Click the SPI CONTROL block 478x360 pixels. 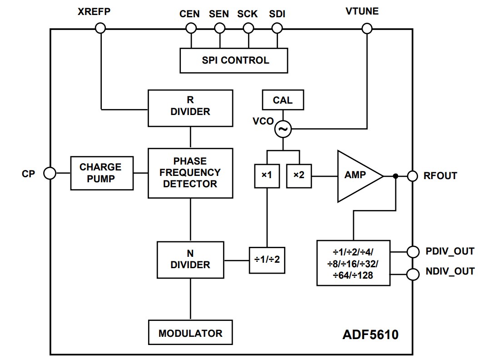[234, 60]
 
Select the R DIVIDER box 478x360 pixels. [190, 108]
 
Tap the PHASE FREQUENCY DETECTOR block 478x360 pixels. [190, 173]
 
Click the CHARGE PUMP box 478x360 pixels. [102, 173]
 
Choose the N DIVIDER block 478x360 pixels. [190, 260]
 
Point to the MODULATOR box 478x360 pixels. [190, 333]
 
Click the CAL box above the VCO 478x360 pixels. [283, 100]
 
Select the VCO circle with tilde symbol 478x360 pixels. [283, 130]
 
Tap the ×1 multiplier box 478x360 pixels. [267, 175]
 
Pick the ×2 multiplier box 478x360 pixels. [299, 175]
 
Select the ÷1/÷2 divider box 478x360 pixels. [267, 260]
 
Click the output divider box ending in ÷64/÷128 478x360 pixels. [353, 263]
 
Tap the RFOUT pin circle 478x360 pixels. [413, 176]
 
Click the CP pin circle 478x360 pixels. [50, 173]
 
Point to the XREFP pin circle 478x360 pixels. [100, 29]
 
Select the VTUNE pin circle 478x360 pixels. [367, 29]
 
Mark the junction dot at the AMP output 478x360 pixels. [396, 176]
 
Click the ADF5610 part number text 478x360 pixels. [370, 335]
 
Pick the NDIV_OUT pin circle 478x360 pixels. [413, 274]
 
